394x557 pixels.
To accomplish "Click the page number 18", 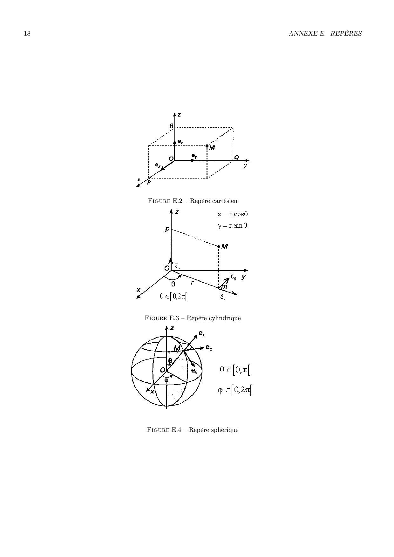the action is (x=27, y=34).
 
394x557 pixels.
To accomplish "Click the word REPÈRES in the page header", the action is (x=346, y=33).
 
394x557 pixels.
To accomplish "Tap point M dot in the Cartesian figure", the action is (x=207, y=146).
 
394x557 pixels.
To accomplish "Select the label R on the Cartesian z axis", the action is (x=172, y=126).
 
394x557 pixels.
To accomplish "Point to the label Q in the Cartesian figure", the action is (x=236, y=157).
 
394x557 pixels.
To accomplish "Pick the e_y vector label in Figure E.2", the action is (x=194, y=155).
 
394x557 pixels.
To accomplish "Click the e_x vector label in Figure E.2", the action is (x=158, y=165).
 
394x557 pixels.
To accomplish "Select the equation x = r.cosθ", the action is (x=233, y=214).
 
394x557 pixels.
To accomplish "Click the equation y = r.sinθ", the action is (x=232, y=225).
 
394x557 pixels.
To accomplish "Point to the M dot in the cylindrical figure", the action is (x=219, y=246).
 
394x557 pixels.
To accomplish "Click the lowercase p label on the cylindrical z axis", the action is (x=167, y=229).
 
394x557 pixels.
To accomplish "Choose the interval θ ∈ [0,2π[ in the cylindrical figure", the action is (x=173, y=297).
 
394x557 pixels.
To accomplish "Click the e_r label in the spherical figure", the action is (x=202, y=333).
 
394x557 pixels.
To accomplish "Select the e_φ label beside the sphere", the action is (x=209, y=348).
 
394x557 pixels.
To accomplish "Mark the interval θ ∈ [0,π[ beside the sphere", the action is (x=235, y=370).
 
